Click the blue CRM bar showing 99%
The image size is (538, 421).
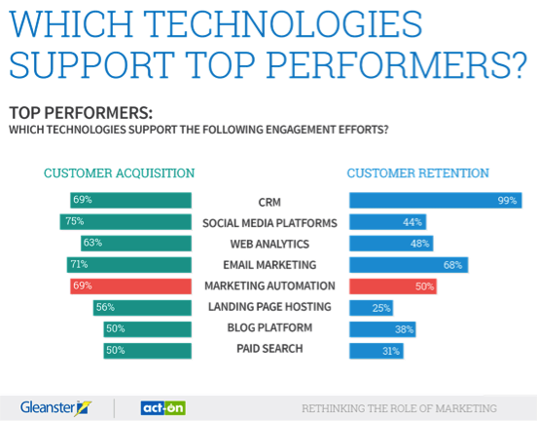pyautogui.click(x=436, y=201)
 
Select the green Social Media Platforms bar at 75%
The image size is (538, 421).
pyautogui.click(x=126, y=221)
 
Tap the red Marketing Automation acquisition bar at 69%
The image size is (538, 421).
pyautogui.click(x=130, y=287)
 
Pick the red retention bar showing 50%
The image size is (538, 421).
pyautogui.click(x=393, y=287)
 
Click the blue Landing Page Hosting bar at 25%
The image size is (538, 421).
pyautogui.click(x=372, y=308)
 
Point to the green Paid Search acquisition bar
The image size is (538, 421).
pyautogui.click(x=148, y=351)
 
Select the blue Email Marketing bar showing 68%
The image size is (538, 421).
pyautogui.click(x=409, y=265)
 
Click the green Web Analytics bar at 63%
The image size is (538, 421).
pyautogui.click(x=136, y=244)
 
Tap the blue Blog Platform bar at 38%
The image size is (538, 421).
pyautogui.click(x=382, y=329)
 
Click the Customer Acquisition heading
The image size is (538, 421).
pyautogui.click(x=119, y=172)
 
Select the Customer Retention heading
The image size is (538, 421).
pyautogui.click(x=418, y=172)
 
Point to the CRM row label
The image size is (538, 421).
pyautogui.click(x=269, y=202)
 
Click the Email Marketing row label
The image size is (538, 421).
pyautogui.click(x=269, y=265)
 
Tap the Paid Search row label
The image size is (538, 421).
pyautogui.click(x=269, y=349)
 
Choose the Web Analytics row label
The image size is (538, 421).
pyautogui.click(x=269, y=244)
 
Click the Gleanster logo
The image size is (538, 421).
pyautogui.click(x=55, y=408)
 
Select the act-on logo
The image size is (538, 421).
pyautogui.click(x=163, y=408)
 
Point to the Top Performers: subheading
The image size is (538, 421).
pyautogui.click(x=81, y=113)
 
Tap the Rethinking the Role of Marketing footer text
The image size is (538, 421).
pyautogui.click(x=400, y=408)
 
